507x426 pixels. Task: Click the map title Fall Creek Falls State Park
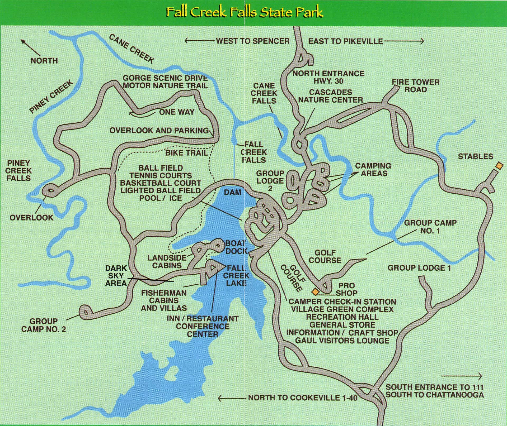tap(245, 12)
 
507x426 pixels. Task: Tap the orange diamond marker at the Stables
tap(499, 165)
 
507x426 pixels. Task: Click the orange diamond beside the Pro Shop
tap(315, 292)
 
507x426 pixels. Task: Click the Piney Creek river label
tap(51, 97)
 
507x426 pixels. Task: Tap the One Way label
tap(176, 112)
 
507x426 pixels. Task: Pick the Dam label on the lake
tap(232, 192)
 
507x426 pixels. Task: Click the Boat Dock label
tap(236, 247)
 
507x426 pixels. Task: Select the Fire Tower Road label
tap(415, 86)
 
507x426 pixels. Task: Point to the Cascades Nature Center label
tap(330, 96)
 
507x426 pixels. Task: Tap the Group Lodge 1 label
tap(419, 268)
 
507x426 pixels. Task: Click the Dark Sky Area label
tap(116, 276)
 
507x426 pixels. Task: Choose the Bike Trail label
tap(186, 153)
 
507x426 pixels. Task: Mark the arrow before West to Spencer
tap(199, 41)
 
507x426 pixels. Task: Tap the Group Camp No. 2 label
tap(44, 325)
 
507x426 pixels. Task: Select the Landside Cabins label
tap(167, 261)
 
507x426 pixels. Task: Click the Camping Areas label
tap(373, 170)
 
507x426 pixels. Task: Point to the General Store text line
tap(342, 325)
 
